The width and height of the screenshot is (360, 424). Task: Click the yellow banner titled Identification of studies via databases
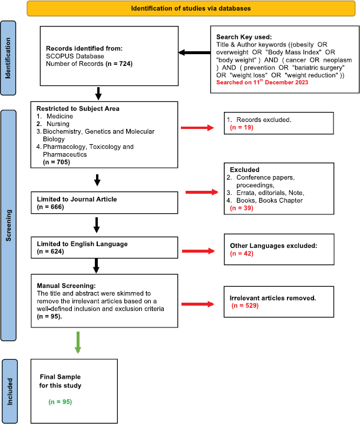pos(191,8)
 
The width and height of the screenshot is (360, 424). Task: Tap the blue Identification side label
pos(8,58)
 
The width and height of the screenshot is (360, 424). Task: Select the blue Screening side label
pos(8,225)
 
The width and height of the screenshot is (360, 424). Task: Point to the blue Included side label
pos(9,391)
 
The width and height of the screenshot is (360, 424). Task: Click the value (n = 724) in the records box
pos(119,64)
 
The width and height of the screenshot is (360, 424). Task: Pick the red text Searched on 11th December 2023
pos(262,82)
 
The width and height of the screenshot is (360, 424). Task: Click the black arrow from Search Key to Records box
pos(194,52)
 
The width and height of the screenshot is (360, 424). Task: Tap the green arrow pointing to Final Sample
pos(78,342)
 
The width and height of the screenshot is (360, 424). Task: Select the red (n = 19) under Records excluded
pos(242,127)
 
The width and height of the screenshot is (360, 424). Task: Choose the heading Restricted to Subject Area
pos(78,108)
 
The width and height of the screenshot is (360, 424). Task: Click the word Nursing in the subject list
pos(58,124)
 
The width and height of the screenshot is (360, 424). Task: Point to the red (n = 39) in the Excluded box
pos(242,208)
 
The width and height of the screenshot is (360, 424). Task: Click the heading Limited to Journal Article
pos(77,199)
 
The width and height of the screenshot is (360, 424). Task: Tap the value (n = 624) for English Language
pos(50,251)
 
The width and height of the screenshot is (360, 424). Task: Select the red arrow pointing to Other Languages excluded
pos(198,251)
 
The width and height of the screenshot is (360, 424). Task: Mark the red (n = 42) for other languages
pos(242,253)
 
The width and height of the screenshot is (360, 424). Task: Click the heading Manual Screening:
pos(66,286)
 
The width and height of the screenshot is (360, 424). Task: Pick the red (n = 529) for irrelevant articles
pos(245,306)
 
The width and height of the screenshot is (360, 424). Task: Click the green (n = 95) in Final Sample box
pos(60,402)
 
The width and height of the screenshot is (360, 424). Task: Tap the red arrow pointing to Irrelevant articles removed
pos(198,304)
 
